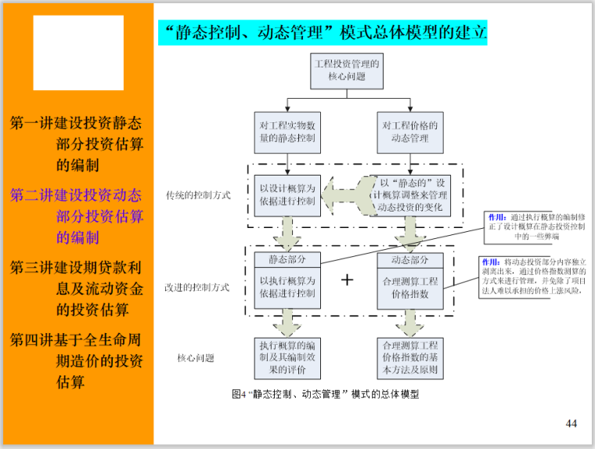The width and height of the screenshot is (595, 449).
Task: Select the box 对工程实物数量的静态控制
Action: coord(288,132)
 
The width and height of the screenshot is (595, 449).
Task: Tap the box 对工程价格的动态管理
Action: coord(409,132)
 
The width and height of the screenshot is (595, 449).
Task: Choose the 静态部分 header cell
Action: coord(288,260)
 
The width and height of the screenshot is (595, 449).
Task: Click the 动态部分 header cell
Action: coord(409,260)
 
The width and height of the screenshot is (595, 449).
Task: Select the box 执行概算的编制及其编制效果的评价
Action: coord(288,357)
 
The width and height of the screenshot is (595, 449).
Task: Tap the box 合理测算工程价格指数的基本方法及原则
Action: coord(409,357)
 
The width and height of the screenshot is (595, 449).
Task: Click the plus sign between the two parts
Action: coord(348,280)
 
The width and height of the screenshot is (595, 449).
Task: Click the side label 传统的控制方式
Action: coord(198,195)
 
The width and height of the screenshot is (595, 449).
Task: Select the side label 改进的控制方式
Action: coord(198,288)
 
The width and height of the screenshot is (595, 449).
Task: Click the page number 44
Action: coord(571,424)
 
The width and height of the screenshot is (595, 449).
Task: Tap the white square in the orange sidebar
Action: coord(78,53)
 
